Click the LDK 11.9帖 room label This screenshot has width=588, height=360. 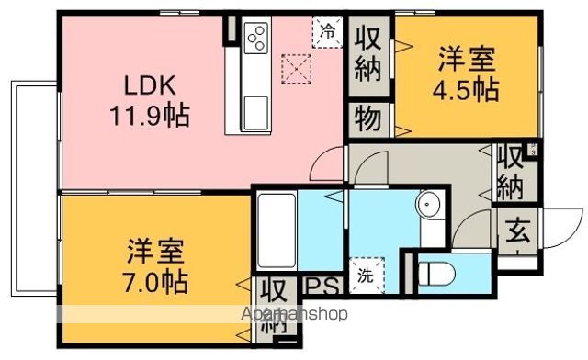pos(150,100)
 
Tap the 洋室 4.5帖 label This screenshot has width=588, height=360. pos(466,73)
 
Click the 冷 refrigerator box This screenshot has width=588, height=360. pos(327,32)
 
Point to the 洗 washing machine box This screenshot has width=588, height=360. pos(367,276)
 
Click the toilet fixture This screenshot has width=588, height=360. pos(436,274)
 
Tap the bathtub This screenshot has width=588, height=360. pos(277,231)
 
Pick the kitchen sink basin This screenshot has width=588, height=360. pos(256,113)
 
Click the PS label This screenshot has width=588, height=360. pos(322,287)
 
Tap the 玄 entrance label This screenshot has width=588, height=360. pos(517,231)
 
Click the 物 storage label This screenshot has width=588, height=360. pos(368,119)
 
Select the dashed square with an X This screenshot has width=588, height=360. pos(296,69)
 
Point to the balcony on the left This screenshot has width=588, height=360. pos(35,188)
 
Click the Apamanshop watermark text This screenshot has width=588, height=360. pos(294,314)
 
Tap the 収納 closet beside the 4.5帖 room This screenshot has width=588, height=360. pos(367,55)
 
